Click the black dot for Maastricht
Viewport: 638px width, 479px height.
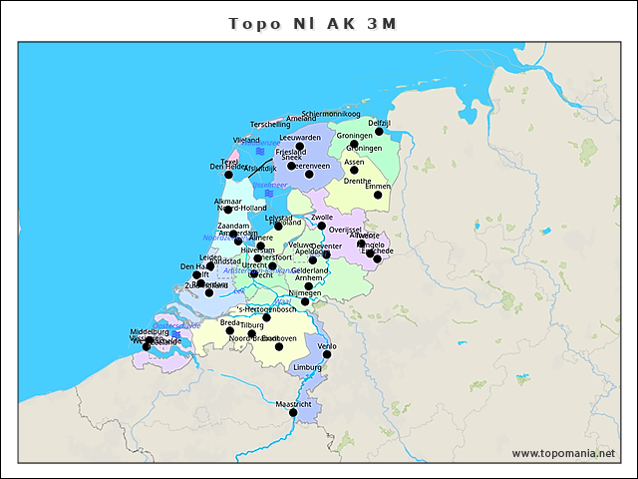[x=294, y=412]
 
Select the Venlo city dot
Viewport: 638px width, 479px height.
[x=327, y=354]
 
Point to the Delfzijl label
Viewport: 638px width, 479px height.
[x=379, y=123]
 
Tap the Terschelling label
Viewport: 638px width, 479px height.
[x=270, y=124]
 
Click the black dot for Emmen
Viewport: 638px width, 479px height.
[x=378, y=195]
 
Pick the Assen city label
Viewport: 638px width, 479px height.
[x=354, y=162]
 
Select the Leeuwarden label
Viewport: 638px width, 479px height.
[x=300, y=138]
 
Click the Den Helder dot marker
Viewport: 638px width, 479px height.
[x=228, y=175]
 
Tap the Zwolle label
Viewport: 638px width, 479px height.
[x=322, y=217]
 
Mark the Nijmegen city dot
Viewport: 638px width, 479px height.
[x=305, y=300]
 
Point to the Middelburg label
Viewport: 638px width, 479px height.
[x=150, y=331]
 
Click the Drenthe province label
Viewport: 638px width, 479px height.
[x=357, y=182]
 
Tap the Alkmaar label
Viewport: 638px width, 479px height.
[x=227, y=202]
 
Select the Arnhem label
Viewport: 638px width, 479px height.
[x=309, y=278]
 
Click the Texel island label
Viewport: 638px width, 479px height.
[x=229, y=161]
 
